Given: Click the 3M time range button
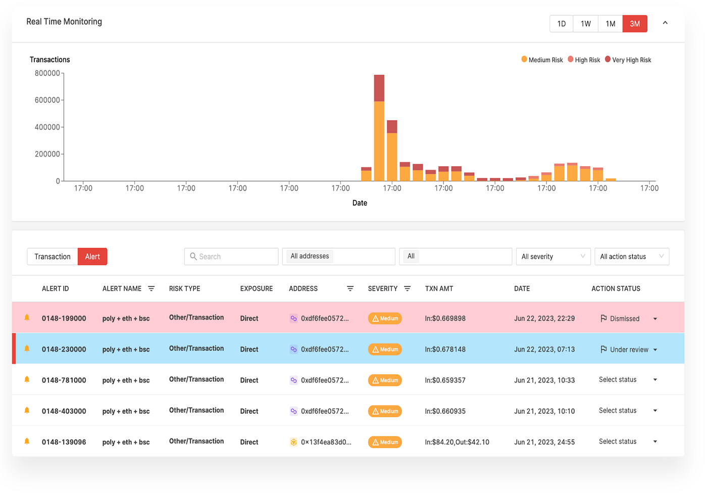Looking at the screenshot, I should [635, 24].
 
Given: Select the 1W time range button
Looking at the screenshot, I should [585, 24].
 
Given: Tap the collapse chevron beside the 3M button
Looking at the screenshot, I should [665, 23].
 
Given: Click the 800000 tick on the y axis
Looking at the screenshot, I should [47, 73].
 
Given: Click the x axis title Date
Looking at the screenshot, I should [360, 203].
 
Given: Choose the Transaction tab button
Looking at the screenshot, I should [53, 257].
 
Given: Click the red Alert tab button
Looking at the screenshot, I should [92, 257].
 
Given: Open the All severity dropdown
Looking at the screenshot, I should [553, 257].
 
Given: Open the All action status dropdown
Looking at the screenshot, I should [631, 257].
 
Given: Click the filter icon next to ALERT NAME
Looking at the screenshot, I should [151, 288].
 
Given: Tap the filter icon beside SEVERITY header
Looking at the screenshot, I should [407, 288].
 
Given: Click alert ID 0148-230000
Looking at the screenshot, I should [64, 349].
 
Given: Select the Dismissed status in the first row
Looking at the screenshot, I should [624, 319].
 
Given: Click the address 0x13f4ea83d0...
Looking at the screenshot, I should [326, 442].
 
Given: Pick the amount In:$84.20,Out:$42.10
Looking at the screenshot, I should [457, 442].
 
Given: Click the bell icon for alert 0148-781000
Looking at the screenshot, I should [27, 380].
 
